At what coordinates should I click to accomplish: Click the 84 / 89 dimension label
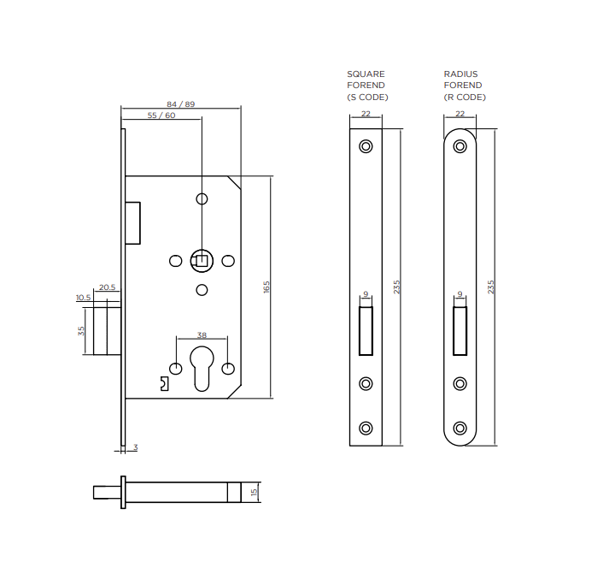[x=181, y=104]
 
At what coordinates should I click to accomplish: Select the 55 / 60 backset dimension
[x=161, y=115]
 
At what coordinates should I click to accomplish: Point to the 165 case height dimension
[x=266, y=287]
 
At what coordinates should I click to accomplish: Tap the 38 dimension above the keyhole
[x=202, y=335]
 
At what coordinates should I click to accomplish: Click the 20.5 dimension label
[x=108, y=287]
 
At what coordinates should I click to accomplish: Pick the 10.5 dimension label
[x=83, y=298]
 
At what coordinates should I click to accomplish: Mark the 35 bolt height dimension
[x=82, y=330]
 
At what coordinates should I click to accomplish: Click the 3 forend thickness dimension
[x=134, y=447]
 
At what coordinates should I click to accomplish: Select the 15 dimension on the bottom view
[x=254, y=493]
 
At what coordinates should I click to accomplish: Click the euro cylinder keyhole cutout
[x=202, y=368]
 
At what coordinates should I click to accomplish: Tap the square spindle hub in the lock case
[x=202, y=259]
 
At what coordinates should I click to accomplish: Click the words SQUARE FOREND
[x=366, y=80]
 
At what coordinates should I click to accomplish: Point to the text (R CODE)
[x=465, y=98]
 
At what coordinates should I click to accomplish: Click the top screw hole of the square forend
[x=366, y=146]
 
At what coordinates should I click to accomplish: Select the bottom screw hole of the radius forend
[x=460, y=428]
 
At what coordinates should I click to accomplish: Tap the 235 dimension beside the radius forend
[x=491, y=287]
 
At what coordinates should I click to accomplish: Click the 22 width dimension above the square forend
[x=366, y=114]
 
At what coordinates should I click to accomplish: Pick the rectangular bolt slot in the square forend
[x=366, y=331]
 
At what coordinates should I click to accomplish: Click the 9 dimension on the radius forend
[x=460, y=294]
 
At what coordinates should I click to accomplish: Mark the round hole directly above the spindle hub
[x=202, y=199]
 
